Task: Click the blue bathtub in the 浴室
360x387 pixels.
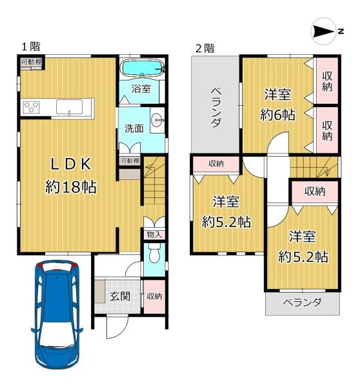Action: [142, 67]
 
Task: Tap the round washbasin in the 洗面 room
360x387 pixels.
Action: [157, 120]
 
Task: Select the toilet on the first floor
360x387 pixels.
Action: [155, 253]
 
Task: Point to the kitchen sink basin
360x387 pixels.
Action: [70, 106]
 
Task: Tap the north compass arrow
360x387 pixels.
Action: [324, 32]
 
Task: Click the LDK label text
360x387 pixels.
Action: [71, 164]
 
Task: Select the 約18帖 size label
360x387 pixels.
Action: [71, 187]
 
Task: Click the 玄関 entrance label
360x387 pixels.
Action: [120, 296]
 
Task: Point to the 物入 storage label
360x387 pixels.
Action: [154, 235]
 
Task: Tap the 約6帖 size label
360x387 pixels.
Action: [277, 115]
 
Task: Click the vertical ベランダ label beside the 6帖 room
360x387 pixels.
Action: [215, 107]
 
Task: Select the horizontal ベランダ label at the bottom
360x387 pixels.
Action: [302, 302]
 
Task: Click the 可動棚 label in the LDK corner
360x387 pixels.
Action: [32, 62]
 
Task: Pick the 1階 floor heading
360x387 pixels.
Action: [31, 46]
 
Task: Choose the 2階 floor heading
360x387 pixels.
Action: [205, 48]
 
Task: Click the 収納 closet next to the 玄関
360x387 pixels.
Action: [154, 297]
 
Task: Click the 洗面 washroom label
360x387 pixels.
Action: [134, 128]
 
